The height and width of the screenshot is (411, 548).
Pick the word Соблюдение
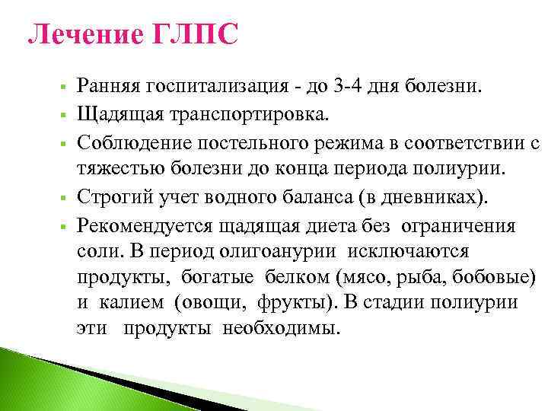click(x=130, y=142)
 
